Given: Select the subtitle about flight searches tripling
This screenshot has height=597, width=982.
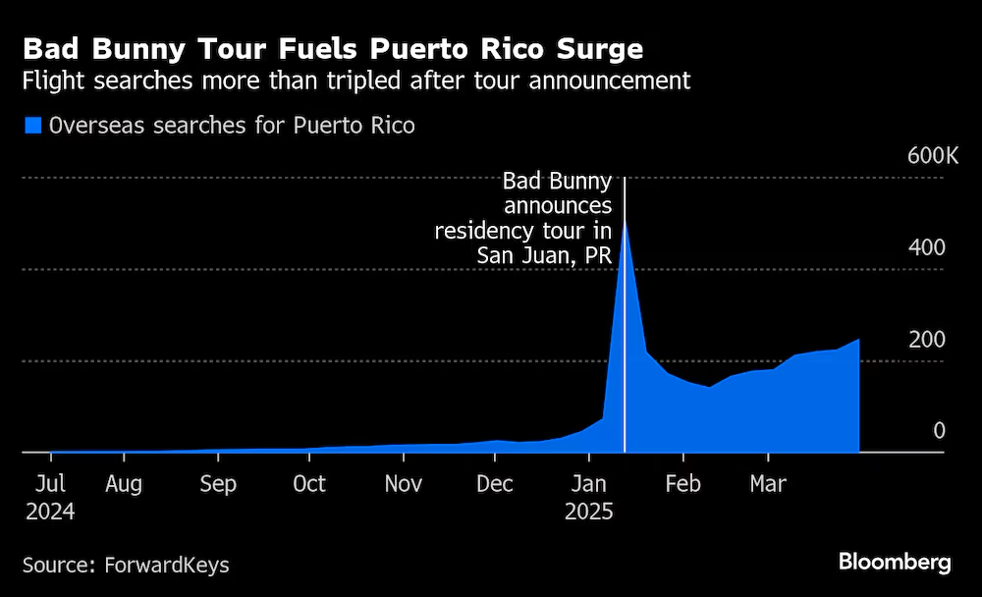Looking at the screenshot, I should click(356, 81).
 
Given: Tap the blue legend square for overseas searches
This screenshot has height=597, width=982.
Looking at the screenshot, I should click(32, 126).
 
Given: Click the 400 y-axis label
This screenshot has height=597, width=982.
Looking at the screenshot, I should click(926, 247).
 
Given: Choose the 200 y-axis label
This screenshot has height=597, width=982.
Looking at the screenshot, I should click(926, 340).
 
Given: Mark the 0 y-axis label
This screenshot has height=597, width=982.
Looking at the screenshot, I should click(938, 431).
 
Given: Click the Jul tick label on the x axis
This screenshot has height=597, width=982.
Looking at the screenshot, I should click(50, 484).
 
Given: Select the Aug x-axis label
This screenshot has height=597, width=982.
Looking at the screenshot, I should click(124, 484).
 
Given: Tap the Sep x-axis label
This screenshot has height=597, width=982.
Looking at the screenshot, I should click(217, 484).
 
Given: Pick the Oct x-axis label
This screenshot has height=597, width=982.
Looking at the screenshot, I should click(309, 484).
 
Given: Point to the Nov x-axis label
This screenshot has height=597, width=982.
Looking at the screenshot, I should click(403, 484).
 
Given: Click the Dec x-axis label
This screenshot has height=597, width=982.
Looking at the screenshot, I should click(495, 484).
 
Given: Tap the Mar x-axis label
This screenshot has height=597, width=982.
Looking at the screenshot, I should click(767, 484).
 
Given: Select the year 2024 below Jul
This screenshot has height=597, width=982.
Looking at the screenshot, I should click(50, 512).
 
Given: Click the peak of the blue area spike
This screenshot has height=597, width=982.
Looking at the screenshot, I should click(625, 223).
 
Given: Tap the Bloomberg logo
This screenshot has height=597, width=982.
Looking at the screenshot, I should click(895, 563).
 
